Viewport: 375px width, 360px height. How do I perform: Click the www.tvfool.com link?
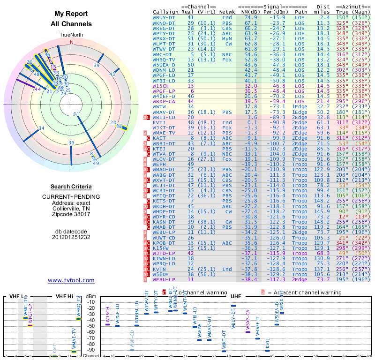click(x=71, y=280)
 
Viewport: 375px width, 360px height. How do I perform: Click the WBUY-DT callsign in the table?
click(x=165, y=17)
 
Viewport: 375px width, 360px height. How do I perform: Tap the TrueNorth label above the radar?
click(x=71, y=35)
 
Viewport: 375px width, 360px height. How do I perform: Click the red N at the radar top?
click(x=72, y=42)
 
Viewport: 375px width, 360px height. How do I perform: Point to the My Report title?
click(x=71, y=14)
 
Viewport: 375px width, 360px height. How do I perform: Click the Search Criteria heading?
click(x=71, y=187)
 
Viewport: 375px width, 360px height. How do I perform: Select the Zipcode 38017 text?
click(x=71, y=214)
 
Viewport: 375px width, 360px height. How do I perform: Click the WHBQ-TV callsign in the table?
click(x=165, y=60)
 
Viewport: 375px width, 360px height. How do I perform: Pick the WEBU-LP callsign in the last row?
click(x=165, y=279)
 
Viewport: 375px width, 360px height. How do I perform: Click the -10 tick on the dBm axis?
click(x=90, y=302)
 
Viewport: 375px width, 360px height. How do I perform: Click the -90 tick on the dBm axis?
click(x=90, y=350)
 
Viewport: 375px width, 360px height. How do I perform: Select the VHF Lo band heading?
click(x=18, y=296)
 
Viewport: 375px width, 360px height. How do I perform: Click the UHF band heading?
click(x=236, y=296)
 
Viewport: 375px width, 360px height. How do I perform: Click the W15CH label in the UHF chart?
click(x=108, y=315)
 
